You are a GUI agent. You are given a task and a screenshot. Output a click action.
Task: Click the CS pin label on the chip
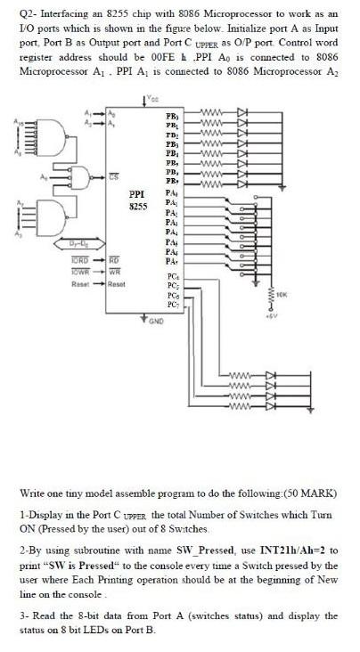pos(114,176)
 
